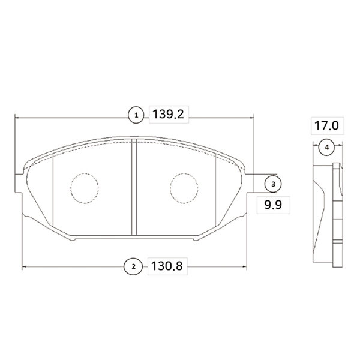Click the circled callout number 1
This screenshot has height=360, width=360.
pos(136,114)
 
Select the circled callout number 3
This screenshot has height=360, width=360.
pos(272,182)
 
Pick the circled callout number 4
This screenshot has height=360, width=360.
pos(326,147)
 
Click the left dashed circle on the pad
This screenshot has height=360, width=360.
pos(83,187)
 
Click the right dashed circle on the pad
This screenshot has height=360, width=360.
pos(184,187)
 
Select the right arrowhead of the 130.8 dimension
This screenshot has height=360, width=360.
pos(246,266)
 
